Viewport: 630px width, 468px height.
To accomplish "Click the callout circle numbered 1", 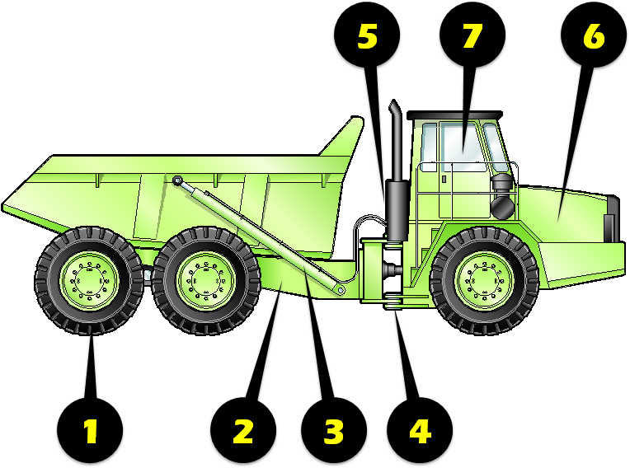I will [90, 429].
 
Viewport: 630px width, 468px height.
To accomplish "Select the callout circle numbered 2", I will [242, 429].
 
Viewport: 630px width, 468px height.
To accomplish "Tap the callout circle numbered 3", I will [332, 429].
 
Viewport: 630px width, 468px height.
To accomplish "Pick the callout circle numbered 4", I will [420, 429].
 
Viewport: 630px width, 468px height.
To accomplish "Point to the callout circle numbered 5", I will [366, 38].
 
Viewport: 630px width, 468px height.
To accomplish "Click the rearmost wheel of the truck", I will [89, 280].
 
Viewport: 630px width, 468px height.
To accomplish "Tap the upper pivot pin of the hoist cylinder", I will [177, 180].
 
